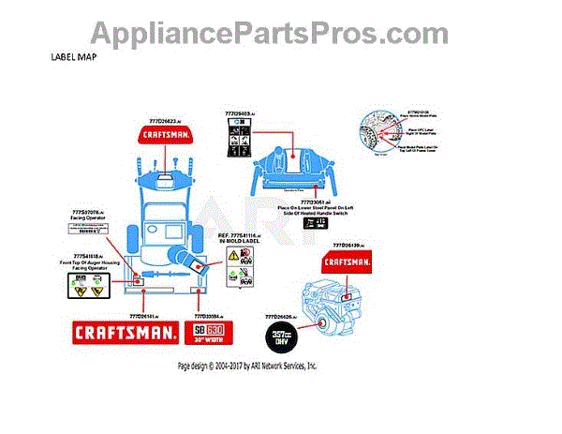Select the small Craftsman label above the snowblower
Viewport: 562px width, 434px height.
[170, 135]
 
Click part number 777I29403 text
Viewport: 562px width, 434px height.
[239, 113]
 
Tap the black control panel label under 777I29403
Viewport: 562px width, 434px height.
[239, 141]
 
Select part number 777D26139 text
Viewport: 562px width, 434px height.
[343, 244]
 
